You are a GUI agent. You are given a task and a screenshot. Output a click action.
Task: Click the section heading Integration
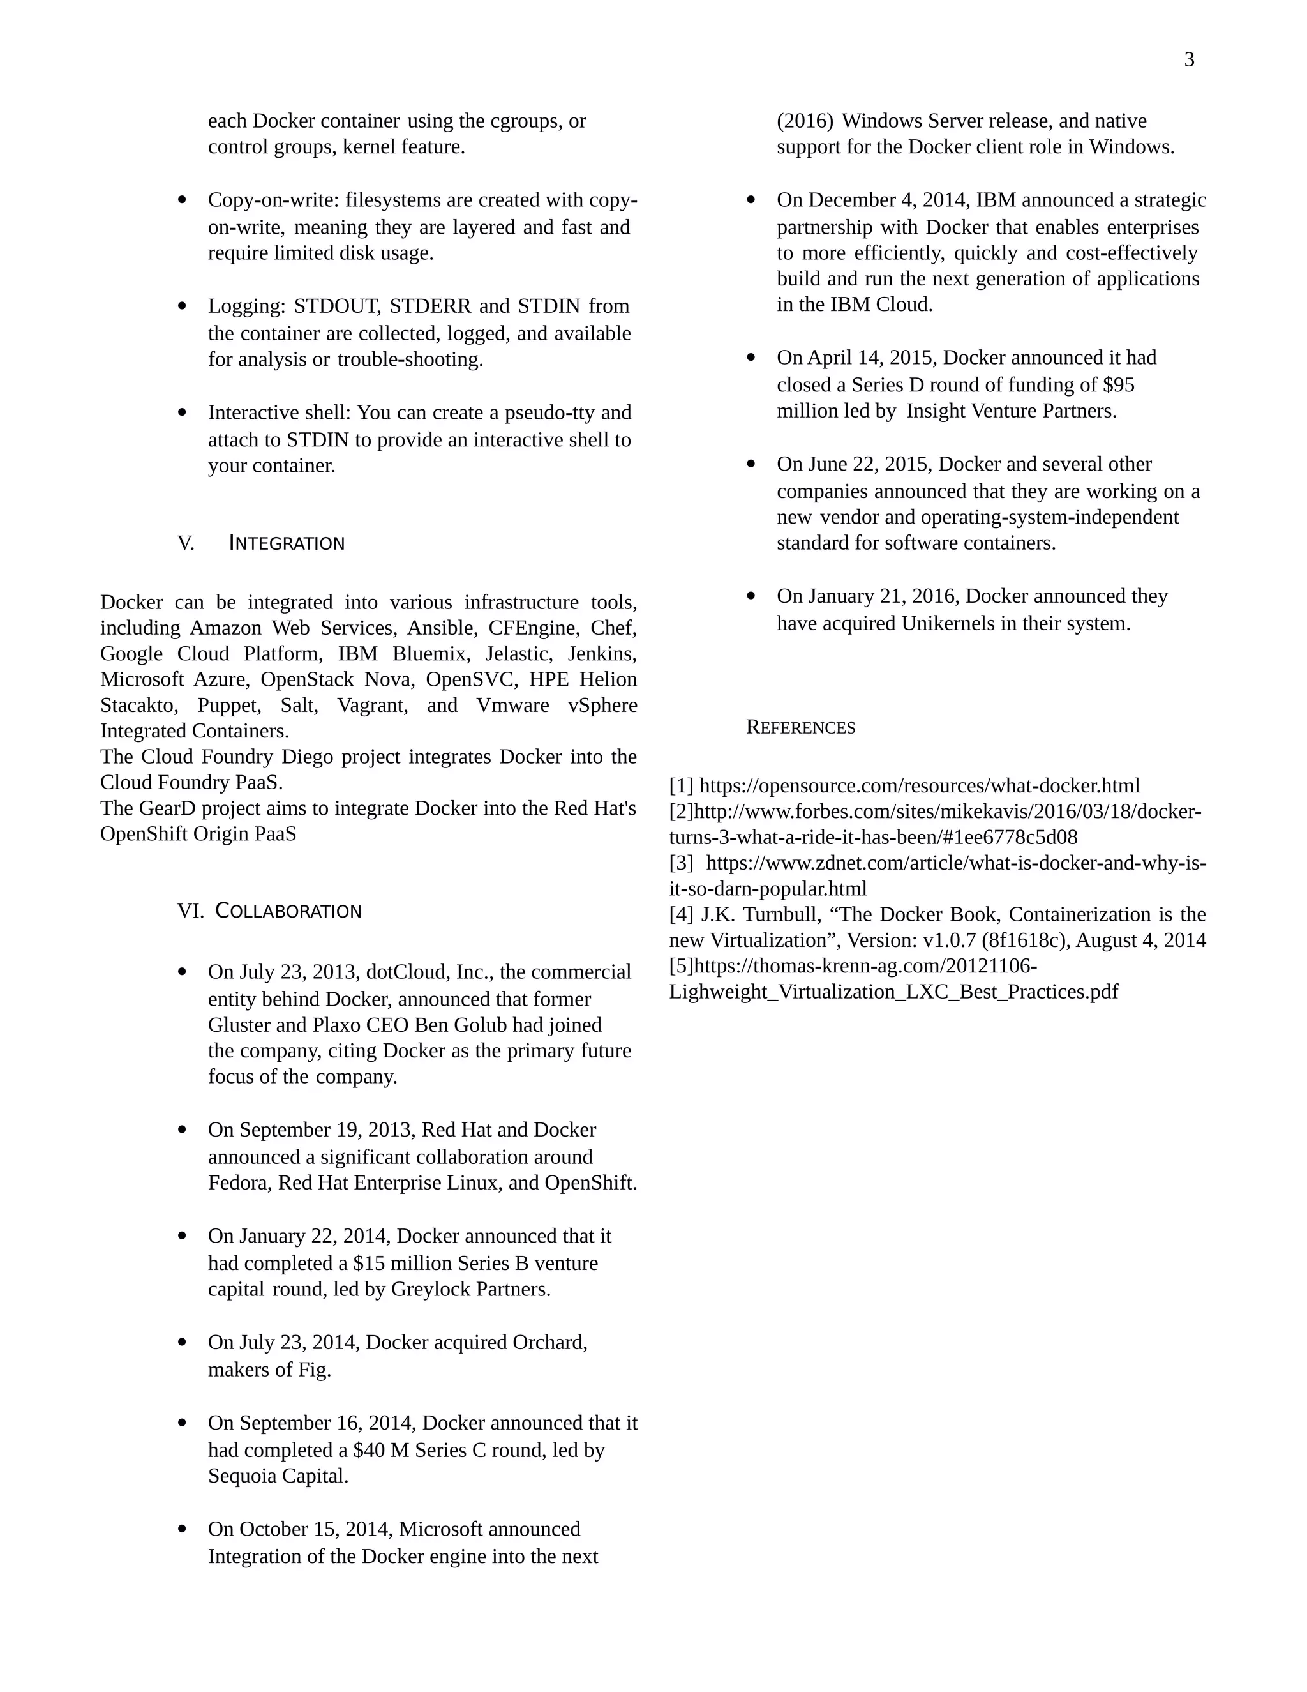(x=287, y=543)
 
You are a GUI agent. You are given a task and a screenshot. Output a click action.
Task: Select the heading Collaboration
(x=288, y=910)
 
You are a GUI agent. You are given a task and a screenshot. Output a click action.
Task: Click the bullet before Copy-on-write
(x=182, y=200)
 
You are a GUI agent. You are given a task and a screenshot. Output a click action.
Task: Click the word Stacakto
(x=138, y=705)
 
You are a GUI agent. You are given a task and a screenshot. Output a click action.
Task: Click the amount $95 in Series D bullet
(x=1118, y=385)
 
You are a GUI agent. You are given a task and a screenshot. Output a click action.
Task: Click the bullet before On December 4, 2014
(x=751, y=200)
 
